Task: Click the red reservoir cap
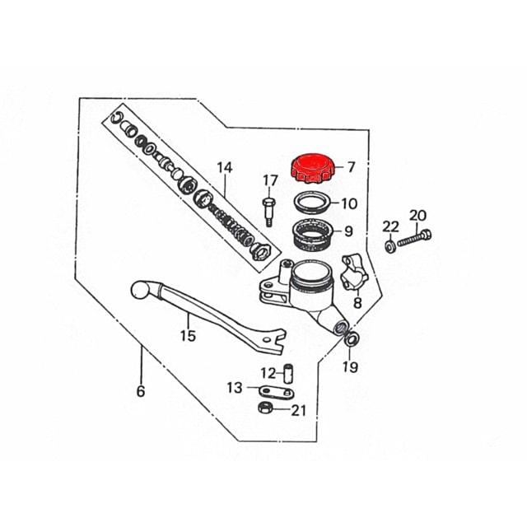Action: click(x=313, y=168)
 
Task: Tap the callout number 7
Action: click(x=351, y=167)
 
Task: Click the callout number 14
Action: click(x=225, y=167)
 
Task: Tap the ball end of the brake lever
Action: click(x=140, y=291)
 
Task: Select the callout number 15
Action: click(x=188, y=335)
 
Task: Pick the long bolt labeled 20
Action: click(x=414, y=238)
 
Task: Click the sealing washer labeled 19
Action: click(x=352, y=339)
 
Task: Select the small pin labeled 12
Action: click(x=289, y=374)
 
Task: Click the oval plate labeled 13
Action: click(x=277, y=392)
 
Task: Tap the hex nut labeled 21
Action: click(x=265, y=408)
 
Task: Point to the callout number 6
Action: click(x=141, y=391)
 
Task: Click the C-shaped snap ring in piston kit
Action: click(x=115, y=118)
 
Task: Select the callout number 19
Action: click(x=350, y=366)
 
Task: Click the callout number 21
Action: click(x=299, y=410)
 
